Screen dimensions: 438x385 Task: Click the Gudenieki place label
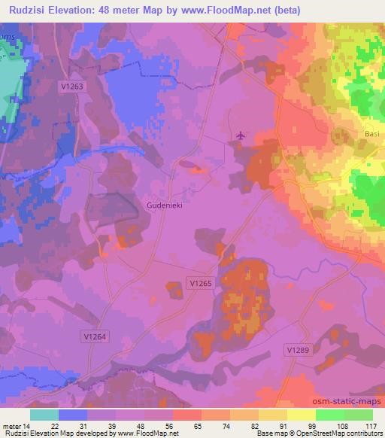pyautogui.click(x=166, y=205)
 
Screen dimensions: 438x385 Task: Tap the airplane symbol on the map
pyautogui.click(x=240, y=135)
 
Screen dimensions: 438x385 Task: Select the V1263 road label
pyautogui.click(x=71, y=87)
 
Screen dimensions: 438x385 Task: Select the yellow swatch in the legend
pyautogui.click(x=301, y=415)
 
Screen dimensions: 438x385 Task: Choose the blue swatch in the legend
pyautogui.click(x=73, y=415)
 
